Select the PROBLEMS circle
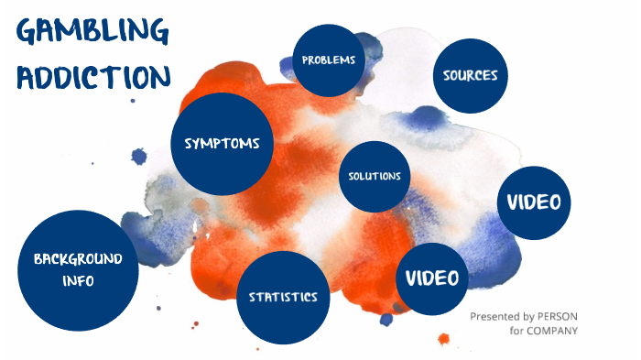tap(329, 60)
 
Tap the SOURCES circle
tap(470, 75)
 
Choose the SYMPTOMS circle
tap(223, 144)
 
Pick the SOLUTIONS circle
tap(374, 176)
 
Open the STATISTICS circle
tap(283, 296)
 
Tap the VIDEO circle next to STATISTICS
tap(432, 278)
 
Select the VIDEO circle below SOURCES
tap(534, 202)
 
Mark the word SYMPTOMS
tap(223, 144)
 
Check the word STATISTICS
tap(283, 297)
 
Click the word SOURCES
tap(470, 75)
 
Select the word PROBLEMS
tap(329, 60)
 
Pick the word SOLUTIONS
tap(374, 176)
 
